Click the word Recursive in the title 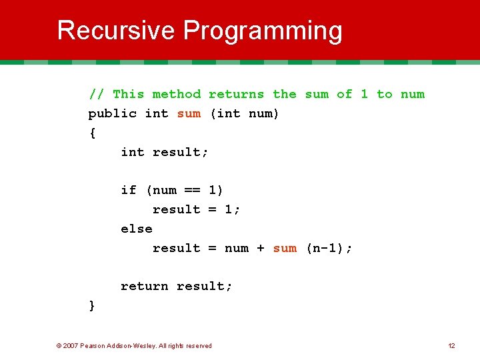click(x=116, y=31)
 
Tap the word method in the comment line click(x=176, y=94)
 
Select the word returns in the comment click(x=236, y=94)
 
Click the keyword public click(x=112, y=114)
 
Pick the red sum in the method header click(x=189, y=113)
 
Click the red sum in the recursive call click(x=285, y=248)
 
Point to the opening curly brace click(x=92, y=133)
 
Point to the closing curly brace click(x=92, y=305)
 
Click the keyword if click(x=128, y=190)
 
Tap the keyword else click(x=136, y=229)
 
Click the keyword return click(x=144, y=286)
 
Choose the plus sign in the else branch click(x=260, y=248)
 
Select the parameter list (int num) click(x=245, y=113)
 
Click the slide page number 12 click(x=451, y=345)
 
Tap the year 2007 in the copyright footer click(x=71, y=345)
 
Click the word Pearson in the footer click(x=93, y=345)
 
